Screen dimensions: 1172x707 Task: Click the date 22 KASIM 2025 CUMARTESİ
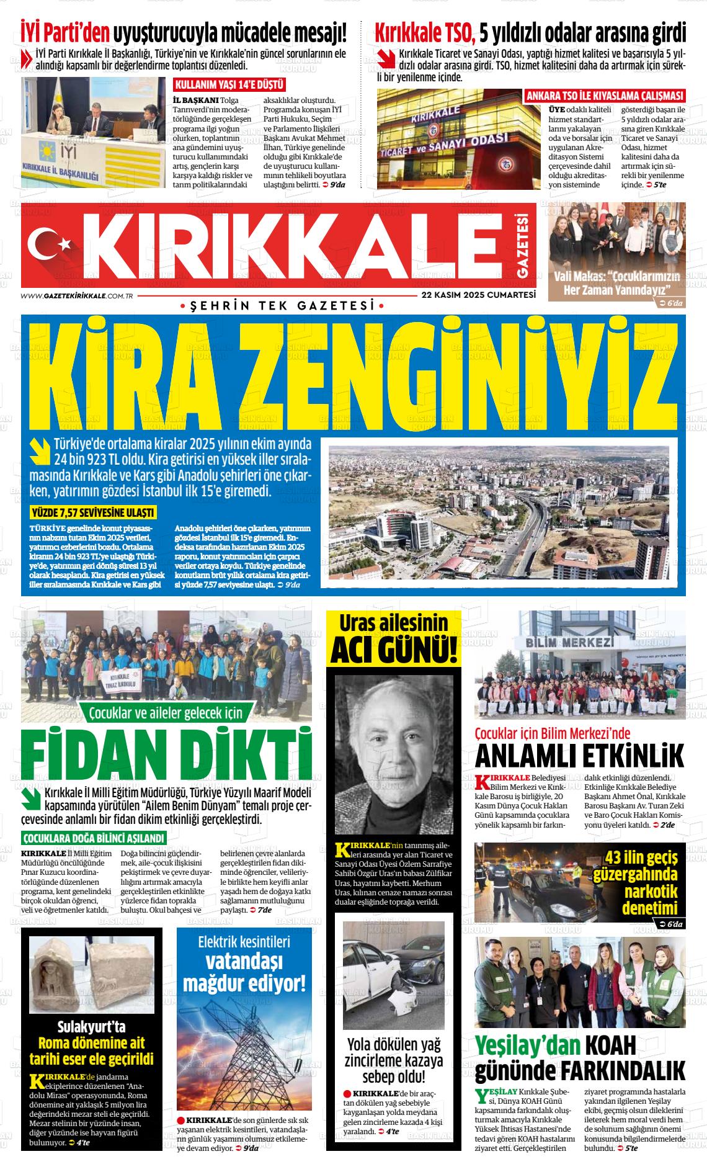[x=478, y=295]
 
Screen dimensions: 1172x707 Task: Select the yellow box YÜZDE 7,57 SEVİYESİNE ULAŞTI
[x=92, y=512]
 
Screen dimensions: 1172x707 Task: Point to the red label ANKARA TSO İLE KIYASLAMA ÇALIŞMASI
[x=605, y=96]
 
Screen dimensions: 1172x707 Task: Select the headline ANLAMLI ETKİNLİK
[x=579, y=757]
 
